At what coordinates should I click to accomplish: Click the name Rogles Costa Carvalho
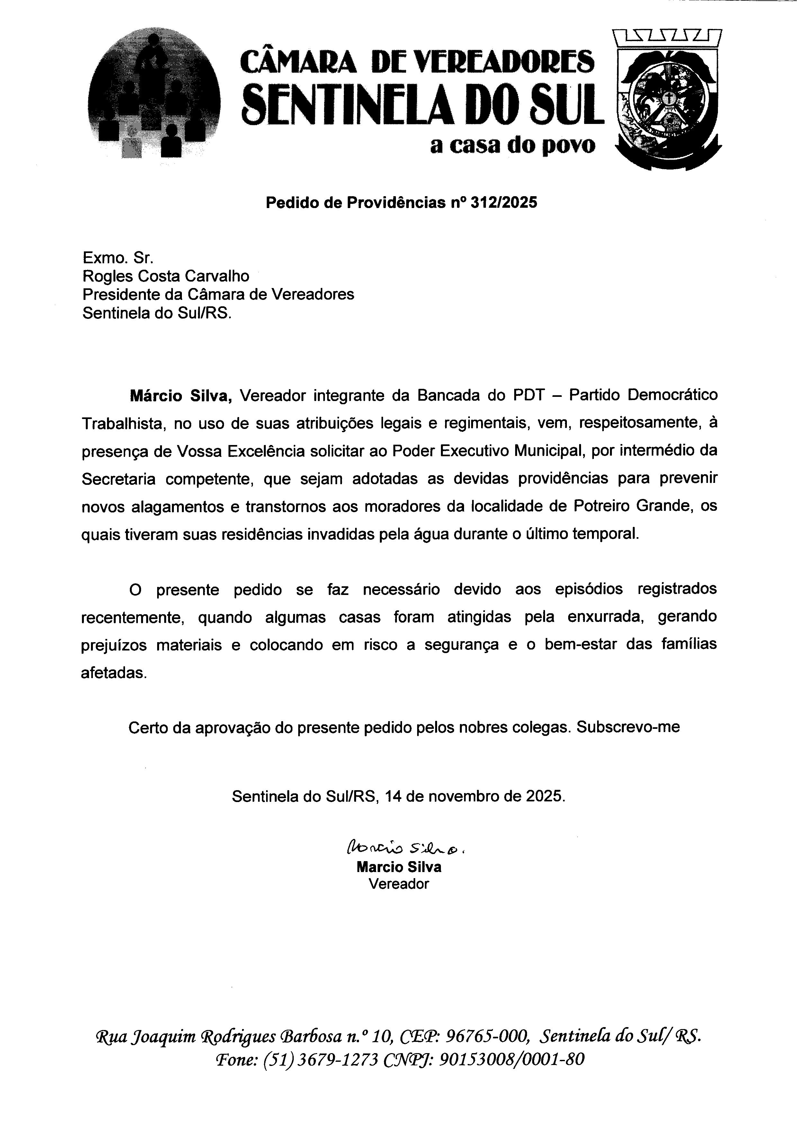(x=166, y=276)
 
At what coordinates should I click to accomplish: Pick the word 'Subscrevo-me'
(x=628, y=727)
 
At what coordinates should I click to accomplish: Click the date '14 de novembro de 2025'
(x=475, y=796)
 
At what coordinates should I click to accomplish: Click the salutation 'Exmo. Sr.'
(x=118, y=257)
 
